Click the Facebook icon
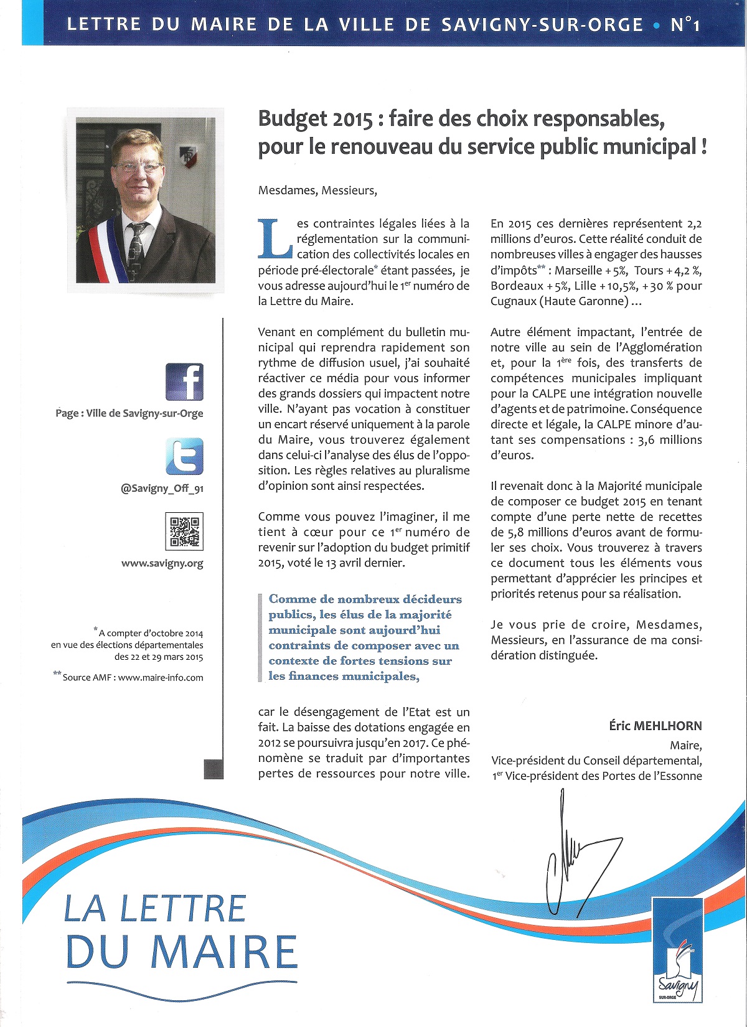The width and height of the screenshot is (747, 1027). (x=184, y=382)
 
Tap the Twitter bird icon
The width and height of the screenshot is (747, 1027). (x=184, y=456)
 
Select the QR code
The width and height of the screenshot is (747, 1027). (x=184, y=531)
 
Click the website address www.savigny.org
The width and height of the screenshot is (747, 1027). (x=162, y=563)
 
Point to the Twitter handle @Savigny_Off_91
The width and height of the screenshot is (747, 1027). (x=162, y=489)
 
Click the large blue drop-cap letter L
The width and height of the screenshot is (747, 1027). (x=275, y=238)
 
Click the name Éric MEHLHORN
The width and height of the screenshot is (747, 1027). (x=655, y=726)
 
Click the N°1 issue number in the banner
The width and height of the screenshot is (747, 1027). (x=685, y=25)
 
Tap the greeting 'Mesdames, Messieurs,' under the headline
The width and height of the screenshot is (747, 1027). (x=317, y=190)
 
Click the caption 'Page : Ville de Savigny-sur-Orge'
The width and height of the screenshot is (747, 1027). (x=129, y=413)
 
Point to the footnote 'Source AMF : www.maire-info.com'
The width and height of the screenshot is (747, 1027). (x=133, y=677)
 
